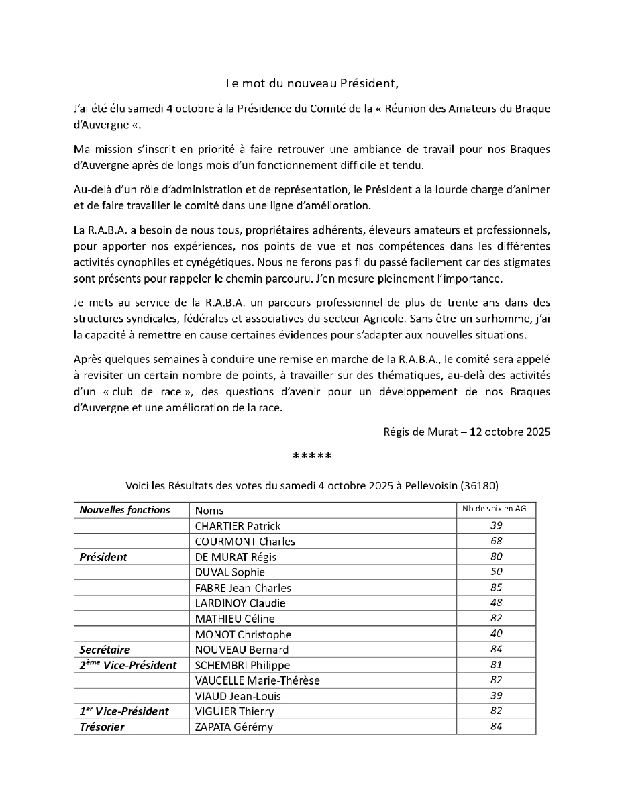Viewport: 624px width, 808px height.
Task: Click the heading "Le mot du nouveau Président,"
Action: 312,84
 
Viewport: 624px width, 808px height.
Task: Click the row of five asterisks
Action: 312,458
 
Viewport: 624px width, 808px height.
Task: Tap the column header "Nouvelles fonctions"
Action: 125,510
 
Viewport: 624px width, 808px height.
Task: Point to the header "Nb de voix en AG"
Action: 496,509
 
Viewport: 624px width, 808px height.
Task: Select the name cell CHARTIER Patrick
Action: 238,526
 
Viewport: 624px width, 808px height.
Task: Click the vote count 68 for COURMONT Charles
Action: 496,541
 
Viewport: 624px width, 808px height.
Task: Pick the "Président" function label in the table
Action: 103,556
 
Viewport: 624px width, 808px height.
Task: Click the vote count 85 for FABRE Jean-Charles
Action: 496,587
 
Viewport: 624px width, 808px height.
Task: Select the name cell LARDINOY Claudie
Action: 240,603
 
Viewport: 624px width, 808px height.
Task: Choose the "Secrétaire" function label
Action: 105,650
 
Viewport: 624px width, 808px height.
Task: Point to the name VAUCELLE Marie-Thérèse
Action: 257,680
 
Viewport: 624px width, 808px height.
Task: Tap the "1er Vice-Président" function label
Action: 124,711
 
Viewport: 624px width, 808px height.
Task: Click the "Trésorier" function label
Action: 102,727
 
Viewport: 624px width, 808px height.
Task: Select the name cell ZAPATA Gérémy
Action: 234,727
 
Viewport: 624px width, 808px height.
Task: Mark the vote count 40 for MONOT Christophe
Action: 496,634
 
